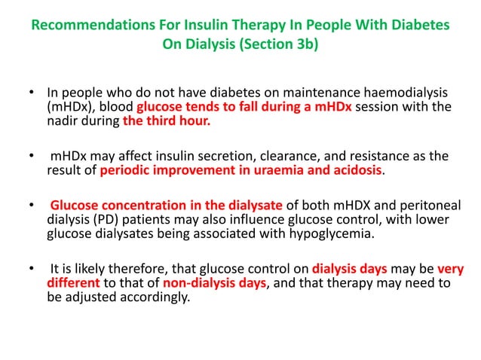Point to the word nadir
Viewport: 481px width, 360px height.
pos(66,120)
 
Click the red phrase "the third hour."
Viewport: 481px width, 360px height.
pos(167,120)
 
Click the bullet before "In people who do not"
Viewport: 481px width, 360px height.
pos(31,93)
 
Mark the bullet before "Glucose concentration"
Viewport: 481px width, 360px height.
pos(31,206)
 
